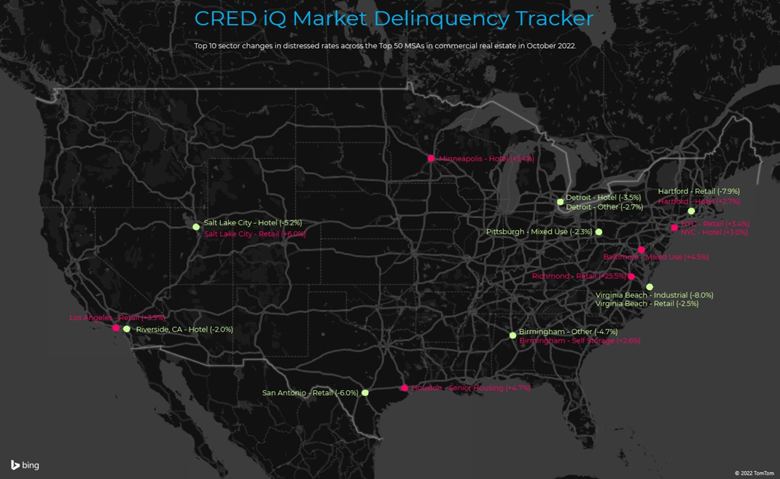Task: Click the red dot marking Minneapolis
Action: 431,158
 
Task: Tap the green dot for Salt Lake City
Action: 196,227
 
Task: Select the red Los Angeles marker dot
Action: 116,328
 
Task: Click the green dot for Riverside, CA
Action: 127,330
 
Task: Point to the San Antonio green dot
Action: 365,393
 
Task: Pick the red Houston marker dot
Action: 405,388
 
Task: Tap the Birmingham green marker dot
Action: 512,335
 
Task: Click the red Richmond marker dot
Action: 631,277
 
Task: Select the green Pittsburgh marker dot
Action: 598,232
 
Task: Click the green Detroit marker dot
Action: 560,202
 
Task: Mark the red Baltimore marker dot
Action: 641,249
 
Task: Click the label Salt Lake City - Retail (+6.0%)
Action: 254,234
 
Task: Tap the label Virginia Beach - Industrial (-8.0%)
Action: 654,295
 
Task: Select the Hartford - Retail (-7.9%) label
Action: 698,192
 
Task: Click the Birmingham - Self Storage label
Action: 580,340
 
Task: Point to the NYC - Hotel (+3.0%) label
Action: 714,233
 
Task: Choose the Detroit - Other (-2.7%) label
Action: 604,207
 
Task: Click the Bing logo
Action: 25,465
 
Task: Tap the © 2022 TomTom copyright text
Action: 754,473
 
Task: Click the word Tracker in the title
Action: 554,18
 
